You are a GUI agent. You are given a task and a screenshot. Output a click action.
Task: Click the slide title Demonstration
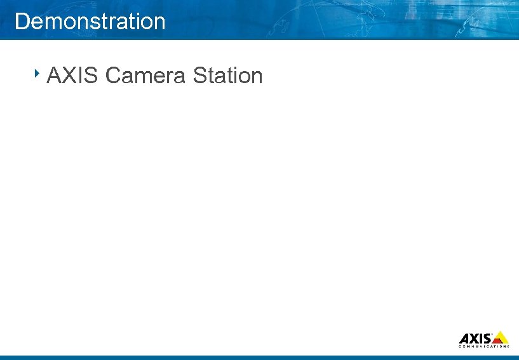[x=90, y=22]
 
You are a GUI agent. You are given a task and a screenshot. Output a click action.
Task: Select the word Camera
[x=145, y=76]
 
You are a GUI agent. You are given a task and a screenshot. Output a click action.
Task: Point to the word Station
[x=227, y=76]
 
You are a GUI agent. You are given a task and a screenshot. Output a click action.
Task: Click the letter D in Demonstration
[x=22, y=22]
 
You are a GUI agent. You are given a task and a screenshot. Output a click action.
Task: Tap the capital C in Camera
[x=113, y=76]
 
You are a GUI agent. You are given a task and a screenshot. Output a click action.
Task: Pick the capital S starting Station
[x=199, y=76]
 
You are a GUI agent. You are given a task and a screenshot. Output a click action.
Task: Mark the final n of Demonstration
[x=159, y=23]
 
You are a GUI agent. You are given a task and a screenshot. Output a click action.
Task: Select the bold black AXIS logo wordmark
[x=475, y=338]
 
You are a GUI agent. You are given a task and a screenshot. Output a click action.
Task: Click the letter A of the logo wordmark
[x=464, y=338]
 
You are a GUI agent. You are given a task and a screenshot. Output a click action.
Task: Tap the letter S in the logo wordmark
[x=485, y=338]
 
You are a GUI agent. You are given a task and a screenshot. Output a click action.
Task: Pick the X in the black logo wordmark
[x=473, y=338]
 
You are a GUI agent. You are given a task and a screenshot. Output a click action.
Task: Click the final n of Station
[x=256, y=77]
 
